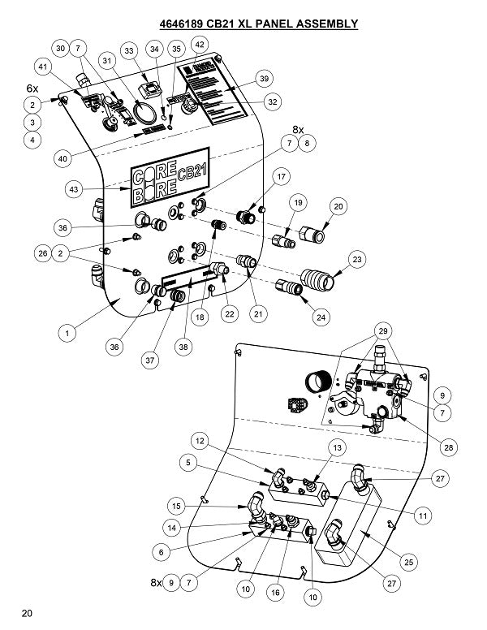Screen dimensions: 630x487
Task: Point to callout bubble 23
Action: (x=356, y=260)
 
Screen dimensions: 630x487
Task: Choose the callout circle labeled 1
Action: (x=68, y=332)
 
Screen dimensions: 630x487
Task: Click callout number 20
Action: (x=338, y=207)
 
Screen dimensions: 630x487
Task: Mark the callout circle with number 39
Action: (x=264, y=78)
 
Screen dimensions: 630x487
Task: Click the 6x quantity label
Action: (x=32, y=87)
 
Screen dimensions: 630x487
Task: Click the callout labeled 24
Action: (x=323, y=317)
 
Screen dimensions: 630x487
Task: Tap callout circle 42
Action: (x=198, y=44)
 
